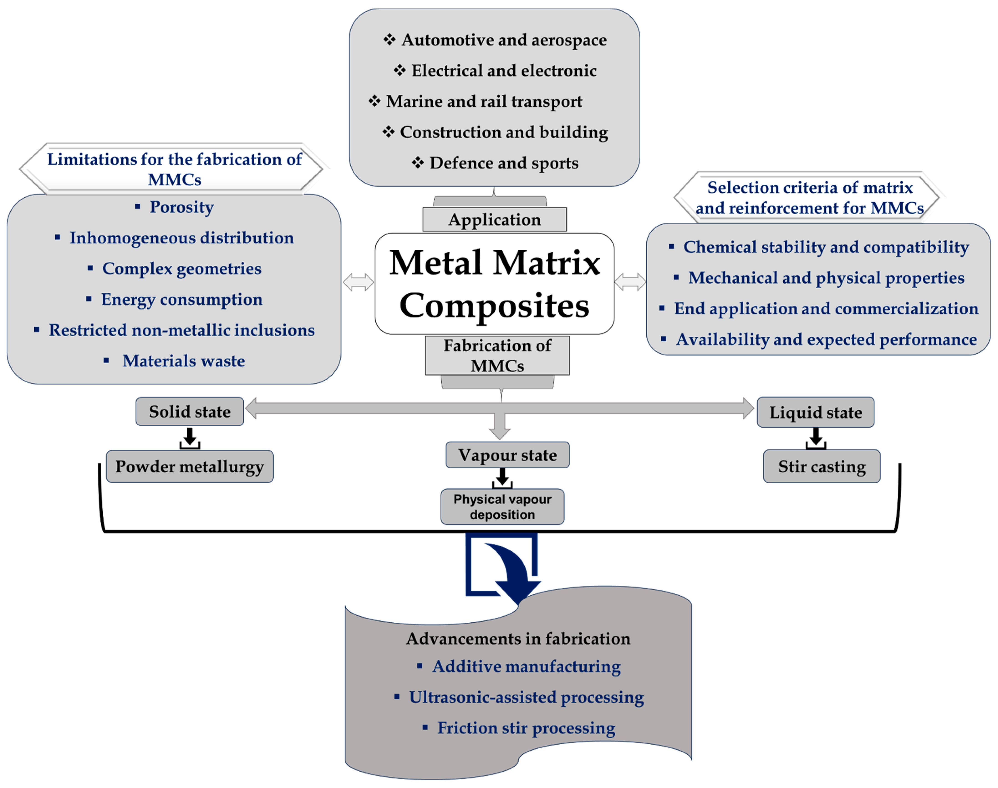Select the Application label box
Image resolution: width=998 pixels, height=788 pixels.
coord(494,220)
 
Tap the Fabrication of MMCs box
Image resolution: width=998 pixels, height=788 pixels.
coord(497,355)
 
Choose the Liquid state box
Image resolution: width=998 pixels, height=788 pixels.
coord(815,412)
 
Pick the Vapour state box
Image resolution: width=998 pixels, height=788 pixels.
coord(507,455)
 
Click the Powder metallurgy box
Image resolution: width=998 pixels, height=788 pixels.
coord(190,466)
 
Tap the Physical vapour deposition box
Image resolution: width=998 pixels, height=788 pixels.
coord(502,507)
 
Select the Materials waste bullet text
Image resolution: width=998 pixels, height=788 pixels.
coord(183,361)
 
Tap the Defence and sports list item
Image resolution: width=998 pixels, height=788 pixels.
coord(504,163)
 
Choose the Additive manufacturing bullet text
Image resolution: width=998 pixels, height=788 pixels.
coord(526,666)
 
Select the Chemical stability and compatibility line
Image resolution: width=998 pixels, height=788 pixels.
coord(825,247)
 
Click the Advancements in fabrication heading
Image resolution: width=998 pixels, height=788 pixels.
coord(518,639)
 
